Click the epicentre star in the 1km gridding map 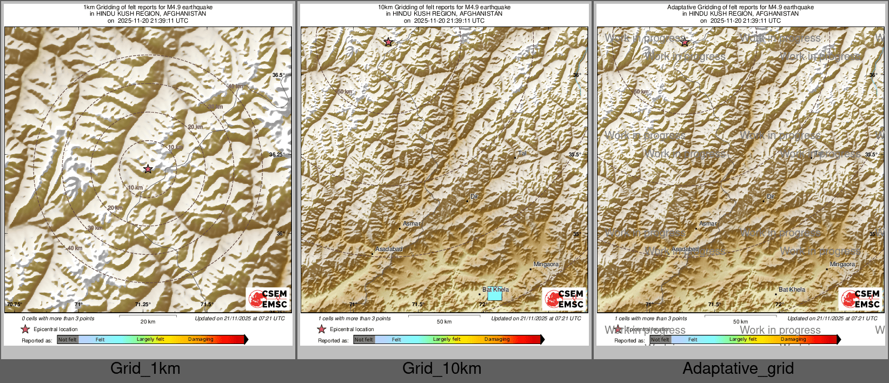click(x=148, y=169)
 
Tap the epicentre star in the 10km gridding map click(x=388, y=42)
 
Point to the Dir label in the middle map click(x=474, y=196)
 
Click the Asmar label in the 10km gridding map click(x=412, y=223)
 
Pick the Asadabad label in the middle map click(x=389, y=249)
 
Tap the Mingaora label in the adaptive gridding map click(x=842, y=264)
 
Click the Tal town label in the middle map click(x=522, y=153)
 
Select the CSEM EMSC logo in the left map click(x=268, y=299)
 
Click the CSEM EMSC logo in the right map click(x=861, y=299)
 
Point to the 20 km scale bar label click(x=148, y=321)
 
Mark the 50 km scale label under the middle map click(x=444, y=321)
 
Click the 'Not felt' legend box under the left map click(x=68, y=340)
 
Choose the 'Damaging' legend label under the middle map click(x=497, y=339)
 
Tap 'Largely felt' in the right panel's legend click(x=743, y=339)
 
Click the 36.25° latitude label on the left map click(x=277, y=154)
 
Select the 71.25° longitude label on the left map click(x=143, y=304)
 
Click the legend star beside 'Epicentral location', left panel click(x=25, y=329)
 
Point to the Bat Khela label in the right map click(x=792, y=289)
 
